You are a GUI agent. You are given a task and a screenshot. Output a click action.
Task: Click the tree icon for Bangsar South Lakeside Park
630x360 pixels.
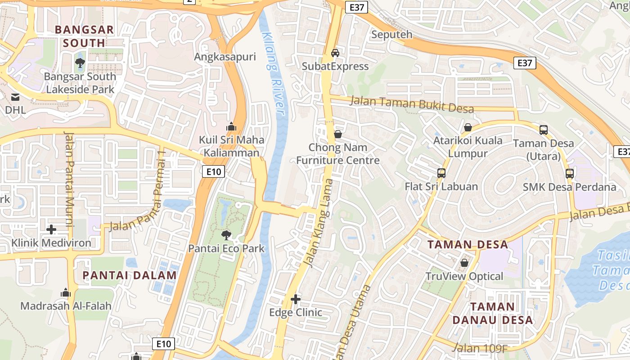point(80,63)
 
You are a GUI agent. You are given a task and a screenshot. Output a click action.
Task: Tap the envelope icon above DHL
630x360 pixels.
point(15,97)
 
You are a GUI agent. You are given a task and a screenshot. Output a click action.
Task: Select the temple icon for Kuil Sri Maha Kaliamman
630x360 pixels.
point(231,126)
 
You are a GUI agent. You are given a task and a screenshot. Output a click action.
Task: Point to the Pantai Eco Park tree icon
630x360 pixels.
point(226,234)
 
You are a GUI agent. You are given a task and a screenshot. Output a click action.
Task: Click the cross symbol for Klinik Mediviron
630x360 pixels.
point(51,229)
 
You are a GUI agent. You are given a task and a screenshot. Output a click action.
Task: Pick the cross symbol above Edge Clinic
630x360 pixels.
point(296,299)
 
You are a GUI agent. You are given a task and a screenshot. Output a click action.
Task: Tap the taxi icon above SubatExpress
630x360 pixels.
point(335,53)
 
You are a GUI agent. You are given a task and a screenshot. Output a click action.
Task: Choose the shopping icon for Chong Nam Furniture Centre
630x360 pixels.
point(338,134)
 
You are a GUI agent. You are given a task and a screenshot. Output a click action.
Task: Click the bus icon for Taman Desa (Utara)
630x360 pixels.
point(544,130)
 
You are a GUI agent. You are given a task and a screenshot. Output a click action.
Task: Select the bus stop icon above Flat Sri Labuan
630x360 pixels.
point(441,173)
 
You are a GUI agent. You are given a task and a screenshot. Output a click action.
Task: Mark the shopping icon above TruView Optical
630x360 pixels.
point(464,263)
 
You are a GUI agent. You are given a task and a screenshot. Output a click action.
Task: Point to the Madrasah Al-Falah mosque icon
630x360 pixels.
point(66,293)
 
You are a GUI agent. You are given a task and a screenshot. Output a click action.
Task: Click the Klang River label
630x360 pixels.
point(274,74)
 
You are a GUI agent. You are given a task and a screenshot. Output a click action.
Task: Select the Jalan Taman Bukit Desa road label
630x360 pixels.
point(412,105)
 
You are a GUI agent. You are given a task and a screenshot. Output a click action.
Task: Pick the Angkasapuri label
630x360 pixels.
point(225,57)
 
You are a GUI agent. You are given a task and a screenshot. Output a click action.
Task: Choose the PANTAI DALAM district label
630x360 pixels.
point(130,275)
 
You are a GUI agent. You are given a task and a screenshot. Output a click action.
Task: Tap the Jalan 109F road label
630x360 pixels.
point(479,348)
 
